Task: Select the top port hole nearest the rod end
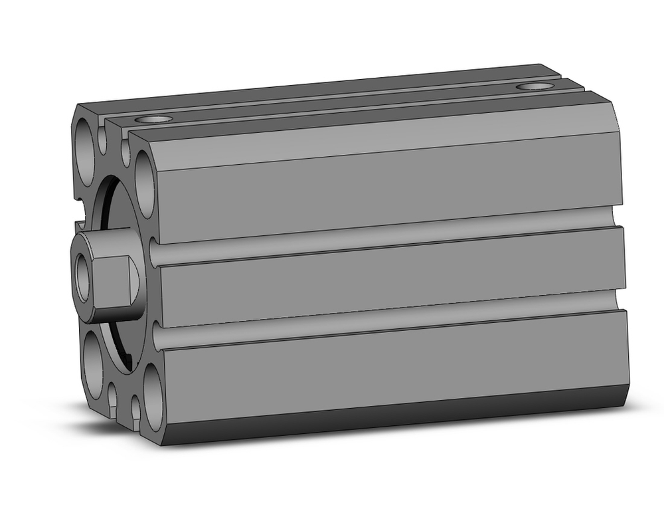[x=153, y=120]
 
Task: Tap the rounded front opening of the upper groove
[x=154, y=253]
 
